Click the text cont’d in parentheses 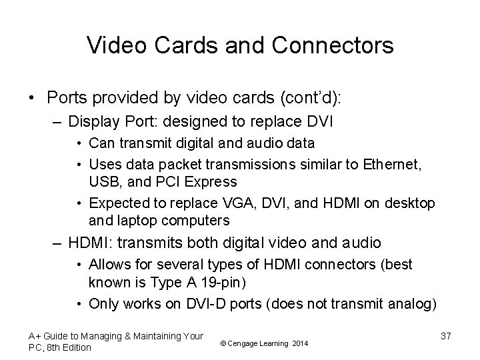[311, 97]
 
